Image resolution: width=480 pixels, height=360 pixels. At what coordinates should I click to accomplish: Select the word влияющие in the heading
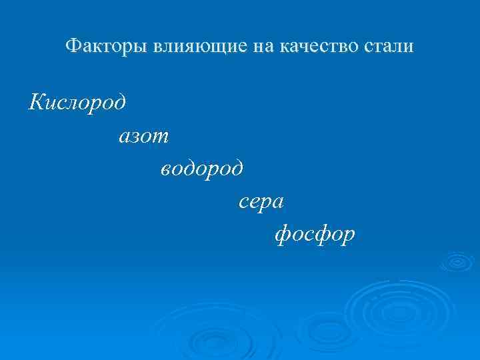coord(180,47)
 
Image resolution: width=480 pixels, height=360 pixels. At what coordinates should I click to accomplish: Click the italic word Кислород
coord(77,104)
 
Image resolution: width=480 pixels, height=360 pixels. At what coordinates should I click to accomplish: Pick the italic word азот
coord(144,137)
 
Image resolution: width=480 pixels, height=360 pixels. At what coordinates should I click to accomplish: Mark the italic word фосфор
coord(315,235)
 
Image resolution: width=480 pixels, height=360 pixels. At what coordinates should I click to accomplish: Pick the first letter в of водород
coord(167,170)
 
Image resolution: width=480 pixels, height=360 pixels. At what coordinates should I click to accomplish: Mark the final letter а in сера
coord(279,203)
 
